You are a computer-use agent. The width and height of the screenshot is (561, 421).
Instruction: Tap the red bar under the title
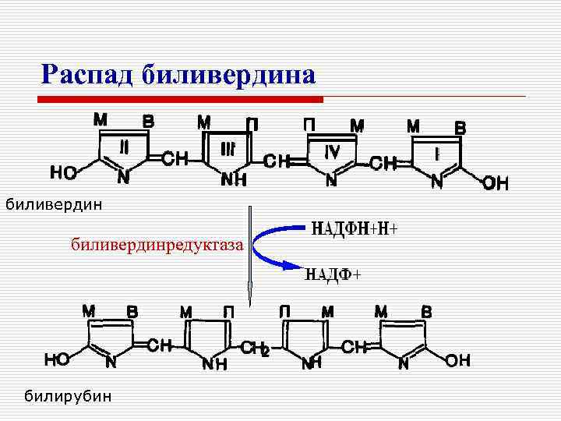point(181,100)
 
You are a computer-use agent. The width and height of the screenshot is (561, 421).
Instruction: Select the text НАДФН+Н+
point(355,228)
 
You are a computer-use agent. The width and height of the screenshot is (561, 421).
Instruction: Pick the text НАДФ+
point(333,274)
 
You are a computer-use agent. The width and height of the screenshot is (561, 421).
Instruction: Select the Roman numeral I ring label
point(438,154)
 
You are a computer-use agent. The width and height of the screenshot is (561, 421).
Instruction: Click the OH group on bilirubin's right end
point(458,361)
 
